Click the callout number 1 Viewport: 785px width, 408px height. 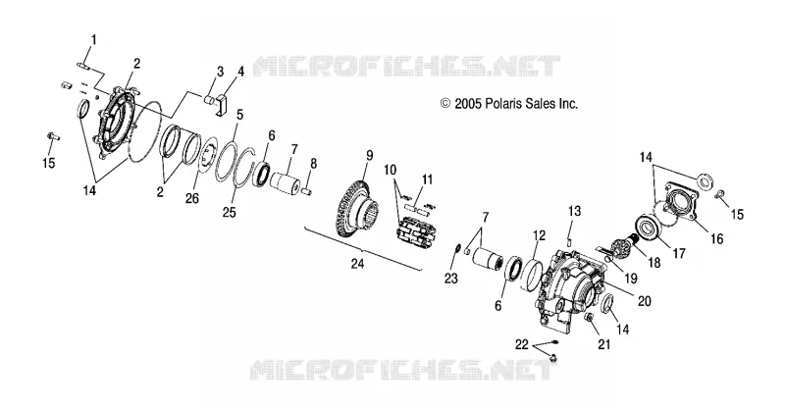[93, 39]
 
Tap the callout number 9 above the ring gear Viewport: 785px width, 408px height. [370, 156]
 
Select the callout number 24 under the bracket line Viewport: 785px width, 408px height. [357, 264]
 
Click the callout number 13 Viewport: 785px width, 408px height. [574, 211]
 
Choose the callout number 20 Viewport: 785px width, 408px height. [645, 301]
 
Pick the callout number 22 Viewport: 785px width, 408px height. [522, 344]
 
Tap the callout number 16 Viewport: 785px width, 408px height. [717, 238]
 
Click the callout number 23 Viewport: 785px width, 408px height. [451, 278]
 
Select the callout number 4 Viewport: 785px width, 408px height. [240, 72]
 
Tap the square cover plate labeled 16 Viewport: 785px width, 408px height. [682, 204]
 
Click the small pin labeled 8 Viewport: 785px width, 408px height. [308, 191]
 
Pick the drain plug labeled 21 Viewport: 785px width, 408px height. [591, 319]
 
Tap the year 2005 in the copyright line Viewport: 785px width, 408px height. [468, 104]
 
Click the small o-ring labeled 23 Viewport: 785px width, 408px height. [455, 249]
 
